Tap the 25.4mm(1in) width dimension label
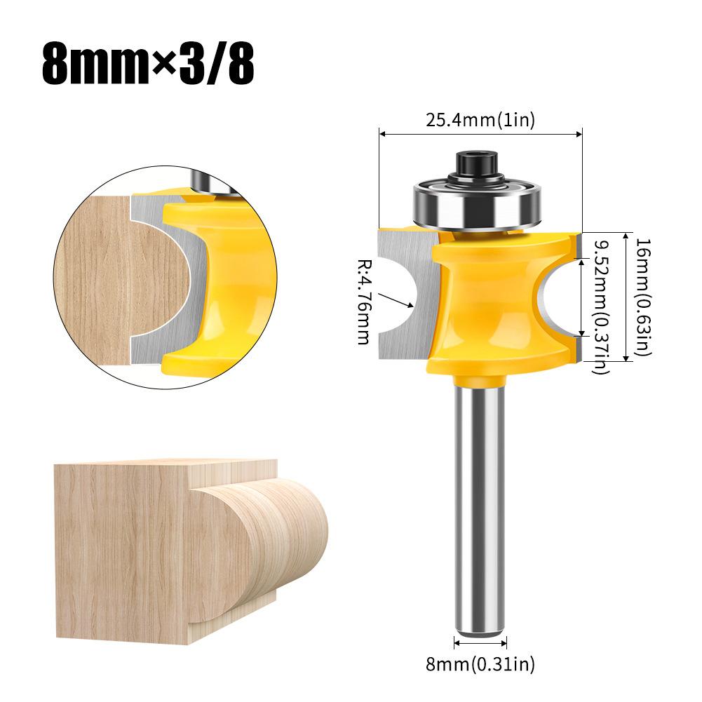click(x=480, y=120)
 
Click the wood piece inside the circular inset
click(x=105, y=281)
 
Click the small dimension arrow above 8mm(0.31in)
click(x=480, y=640)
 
